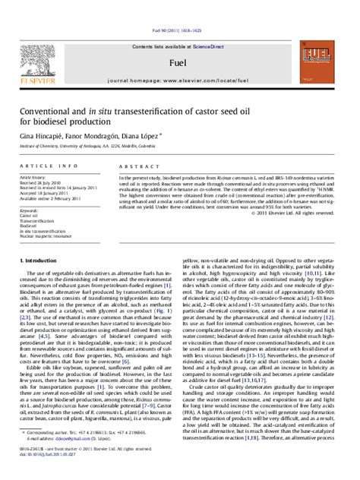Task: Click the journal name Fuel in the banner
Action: (x=179, y=58)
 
